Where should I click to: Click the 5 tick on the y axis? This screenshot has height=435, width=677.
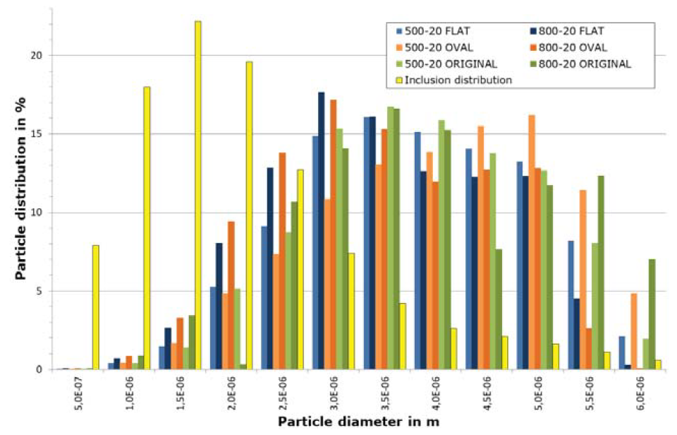coord(39,291)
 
